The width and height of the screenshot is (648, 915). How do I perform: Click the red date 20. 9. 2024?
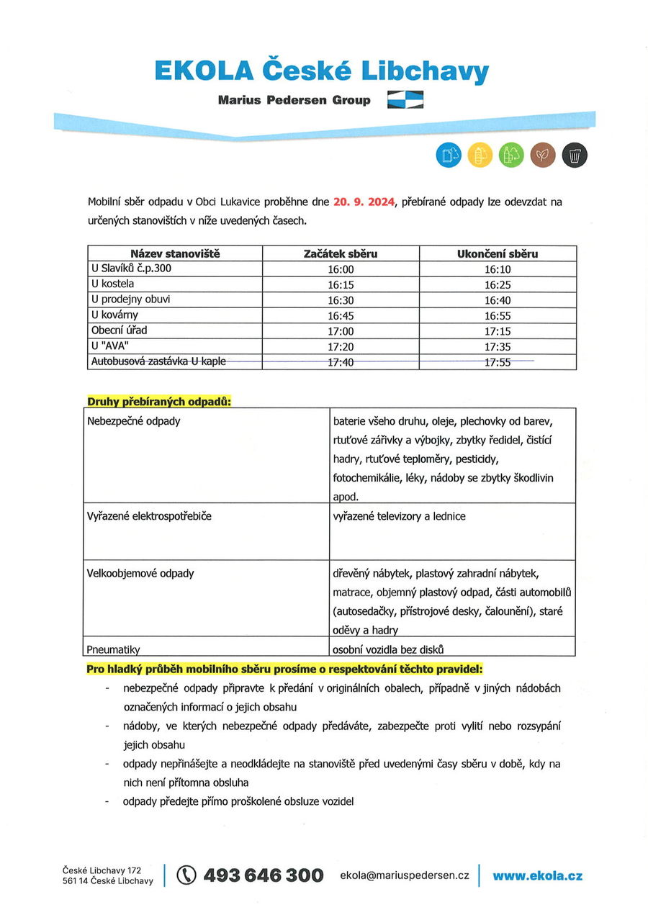coord(364,202)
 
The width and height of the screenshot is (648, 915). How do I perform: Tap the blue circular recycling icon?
coord(448,154)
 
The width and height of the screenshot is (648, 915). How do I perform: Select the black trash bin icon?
coord(575,154)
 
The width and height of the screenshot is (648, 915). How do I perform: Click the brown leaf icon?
coord(543,154)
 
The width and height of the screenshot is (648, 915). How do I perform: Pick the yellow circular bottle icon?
coord(480,154)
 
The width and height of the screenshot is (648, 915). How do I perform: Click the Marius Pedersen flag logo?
coord(405,99)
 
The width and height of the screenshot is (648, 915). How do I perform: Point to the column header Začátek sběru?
coord(341,253)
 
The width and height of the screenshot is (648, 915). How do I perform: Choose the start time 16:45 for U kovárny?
coord(341,315)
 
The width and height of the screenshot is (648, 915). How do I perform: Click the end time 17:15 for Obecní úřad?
coord(498,331)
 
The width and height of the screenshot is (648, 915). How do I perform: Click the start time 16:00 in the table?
coord(341,269)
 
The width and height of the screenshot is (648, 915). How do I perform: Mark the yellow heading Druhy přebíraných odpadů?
coord(159,401)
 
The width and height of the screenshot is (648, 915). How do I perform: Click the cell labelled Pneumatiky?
coord(113,649)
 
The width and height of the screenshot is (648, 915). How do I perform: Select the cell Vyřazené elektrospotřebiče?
coord(149,516)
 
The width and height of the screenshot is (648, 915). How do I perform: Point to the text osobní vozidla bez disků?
coord(388,648)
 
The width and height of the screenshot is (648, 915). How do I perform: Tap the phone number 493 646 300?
coord(264,875)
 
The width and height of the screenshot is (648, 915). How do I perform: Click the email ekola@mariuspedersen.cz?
coord(405,875)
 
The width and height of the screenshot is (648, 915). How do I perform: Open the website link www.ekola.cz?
coord(537,875)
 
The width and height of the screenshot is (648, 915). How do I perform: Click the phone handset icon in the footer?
coord(186,875)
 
